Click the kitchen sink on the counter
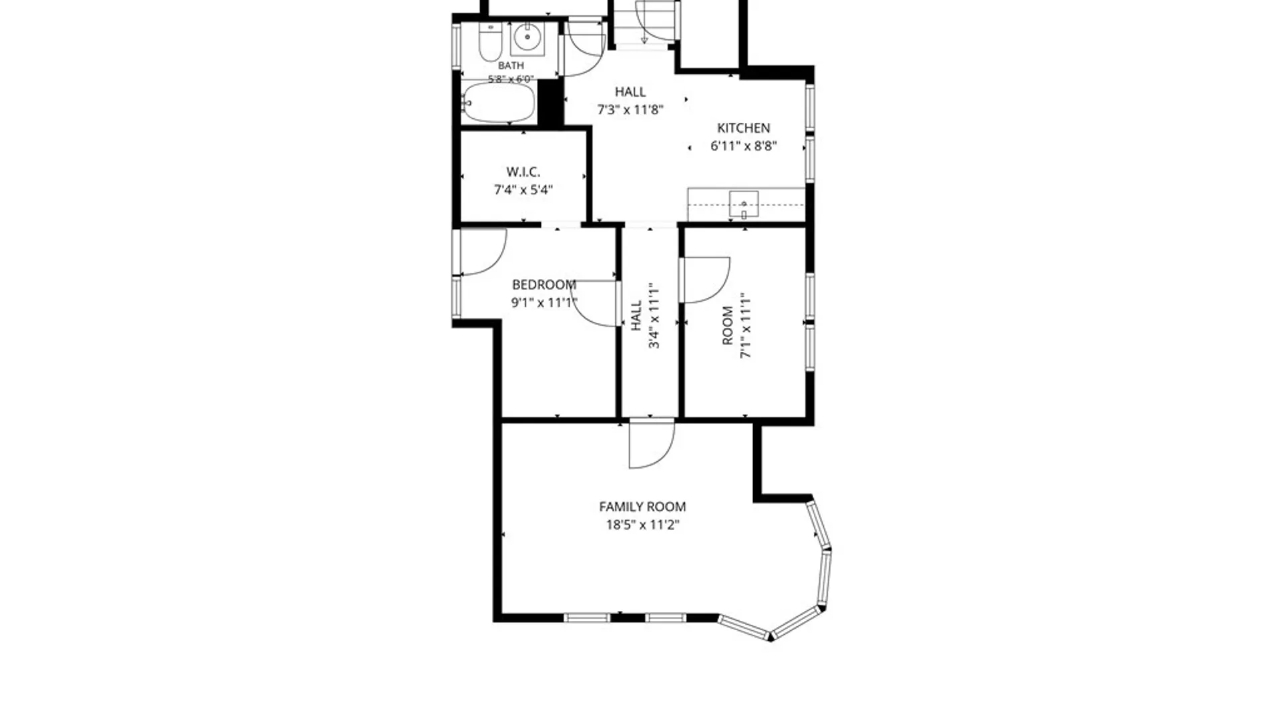click(744, 204)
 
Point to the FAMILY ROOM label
click(642, 507)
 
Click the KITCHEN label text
click(743, 128)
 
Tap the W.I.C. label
click(523, 172)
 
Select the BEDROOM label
click(544, 284)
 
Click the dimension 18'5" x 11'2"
click(642, 525)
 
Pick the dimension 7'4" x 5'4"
click(523, 190)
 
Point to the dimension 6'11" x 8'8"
click(743, 146)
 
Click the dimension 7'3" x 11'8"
click(630, 109)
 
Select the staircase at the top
click(644, 24)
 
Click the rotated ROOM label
click(728, 325)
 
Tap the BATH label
click(511, 65)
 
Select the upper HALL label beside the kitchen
click(630, 91)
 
